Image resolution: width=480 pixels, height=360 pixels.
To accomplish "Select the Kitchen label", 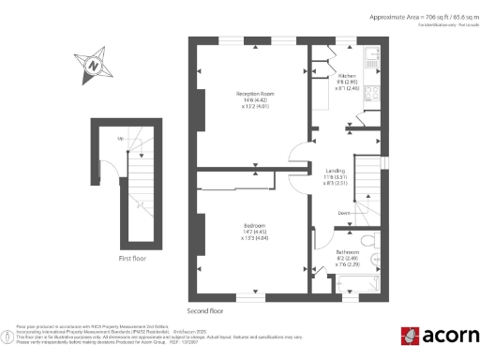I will coord(347,75).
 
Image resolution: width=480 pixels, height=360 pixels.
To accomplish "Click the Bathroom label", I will coord(348,252).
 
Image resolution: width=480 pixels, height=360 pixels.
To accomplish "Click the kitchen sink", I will coord(372,58).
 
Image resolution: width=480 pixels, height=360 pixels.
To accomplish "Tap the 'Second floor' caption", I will coord(205,309).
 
